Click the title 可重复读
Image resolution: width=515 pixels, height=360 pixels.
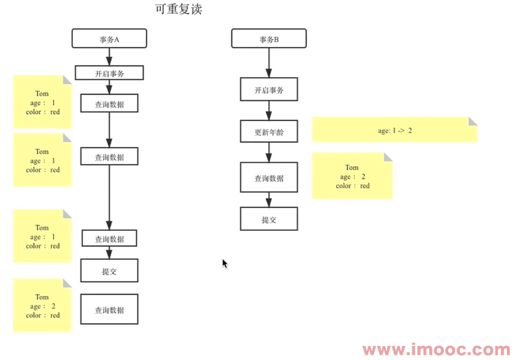[x=178, y=10]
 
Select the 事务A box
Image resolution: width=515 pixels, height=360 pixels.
[x=109, y=39]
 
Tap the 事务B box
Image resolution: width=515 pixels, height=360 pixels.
[x=269, y=39]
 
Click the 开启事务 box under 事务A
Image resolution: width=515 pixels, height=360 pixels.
[x=109, y=73]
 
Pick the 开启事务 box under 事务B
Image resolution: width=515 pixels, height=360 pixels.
[x=269, y=90]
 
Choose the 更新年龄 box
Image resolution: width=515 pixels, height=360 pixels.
[x=269, y=132]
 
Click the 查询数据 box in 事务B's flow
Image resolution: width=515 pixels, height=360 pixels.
[x=269, y=177]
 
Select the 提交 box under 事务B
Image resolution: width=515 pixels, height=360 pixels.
[x=269, y=219]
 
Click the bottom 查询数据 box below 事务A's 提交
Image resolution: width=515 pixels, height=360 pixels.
[x=109, y=309]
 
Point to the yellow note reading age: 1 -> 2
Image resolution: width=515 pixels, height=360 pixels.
[x=394, y=130]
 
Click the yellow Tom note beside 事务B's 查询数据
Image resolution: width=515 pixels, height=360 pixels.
[x=352, y=176]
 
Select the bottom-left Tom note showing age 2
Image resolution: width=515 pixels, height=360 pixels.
[x=42, y=305]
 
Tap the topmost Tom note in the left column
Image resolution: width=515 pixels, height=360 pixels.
[x=42, y=102]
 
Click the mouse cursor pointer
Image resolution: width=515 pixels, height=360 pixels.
[x=225, y=263]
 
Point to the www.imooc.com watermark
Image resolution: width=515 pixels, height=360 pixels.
[x=436, y=349]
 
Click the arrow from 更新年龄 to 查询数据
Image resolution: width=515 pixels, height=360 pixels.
[x=269, y=152]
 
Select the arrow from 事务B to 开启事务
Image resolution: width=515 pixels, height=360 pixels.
[x=269, y=63]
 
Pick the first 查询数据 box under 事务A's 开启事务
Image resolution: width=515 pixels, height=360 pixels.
[x=109, y=103]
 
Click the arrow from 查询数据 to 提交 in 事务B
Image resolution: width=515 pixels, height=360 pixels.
[x=269, y=200]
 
